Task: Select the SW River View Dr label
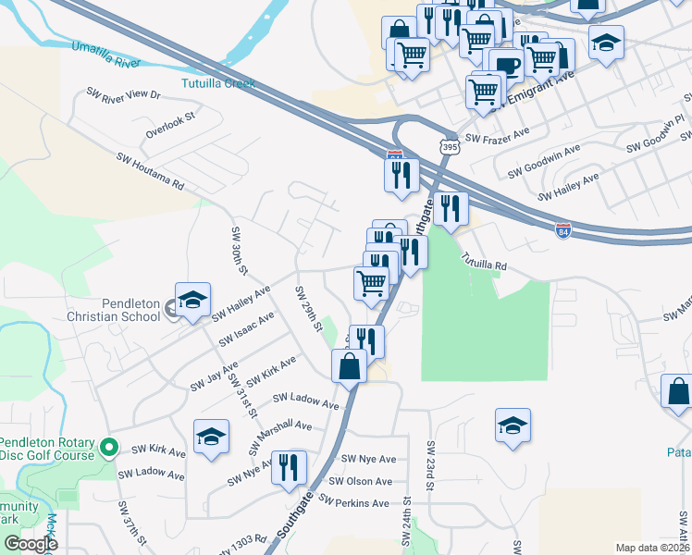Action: coord(123,94)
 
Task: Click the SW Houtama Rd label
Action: coord(151,171)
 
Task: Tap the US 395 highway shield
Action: coord(449,146)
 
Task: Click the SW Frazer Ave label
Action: coord(497,137)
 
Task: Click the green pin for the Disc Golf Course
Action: coord(108,449)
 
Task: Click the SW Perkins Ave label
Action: coord(354,503)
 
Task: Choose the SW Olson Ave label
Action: coord(366,481)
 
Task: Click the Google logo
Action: coord(31,544)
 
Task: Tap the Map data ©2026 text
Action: coord(652,548)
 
